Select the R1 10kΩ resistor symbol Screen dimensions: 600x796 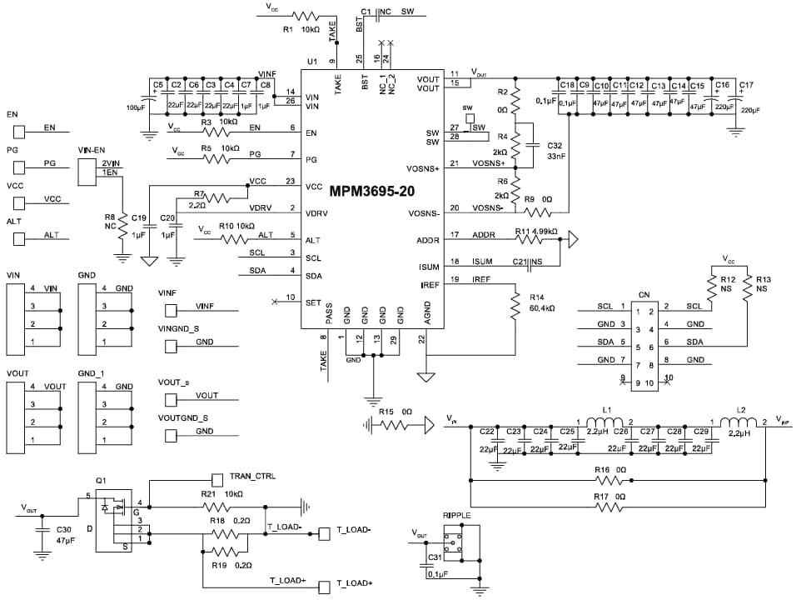[305, 16]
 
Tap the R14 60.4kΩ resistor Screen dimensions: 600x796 [516, 305]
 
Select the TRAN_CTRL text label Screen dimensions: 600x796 [252, 476]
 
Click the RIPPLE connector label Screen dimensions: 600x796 [457, 516]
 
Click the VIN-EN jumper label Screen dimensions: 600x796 [91, 150]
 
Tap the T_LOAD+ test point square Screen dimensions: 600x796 [324, 587]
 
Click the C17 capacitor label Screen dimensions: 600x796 [747, 85]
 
